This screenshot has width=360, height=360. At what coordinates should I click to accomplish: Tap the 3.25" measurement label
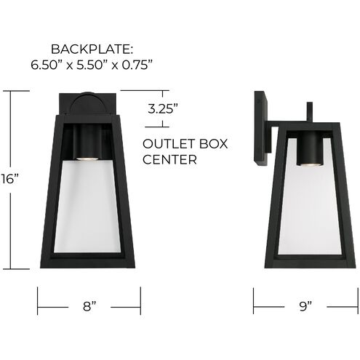point(163,111)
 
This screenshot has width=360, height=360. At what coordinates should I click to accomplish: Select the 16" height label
point(8,179)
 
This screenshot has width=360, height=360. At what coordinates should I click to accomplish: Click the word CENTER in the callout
point(170,159)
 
